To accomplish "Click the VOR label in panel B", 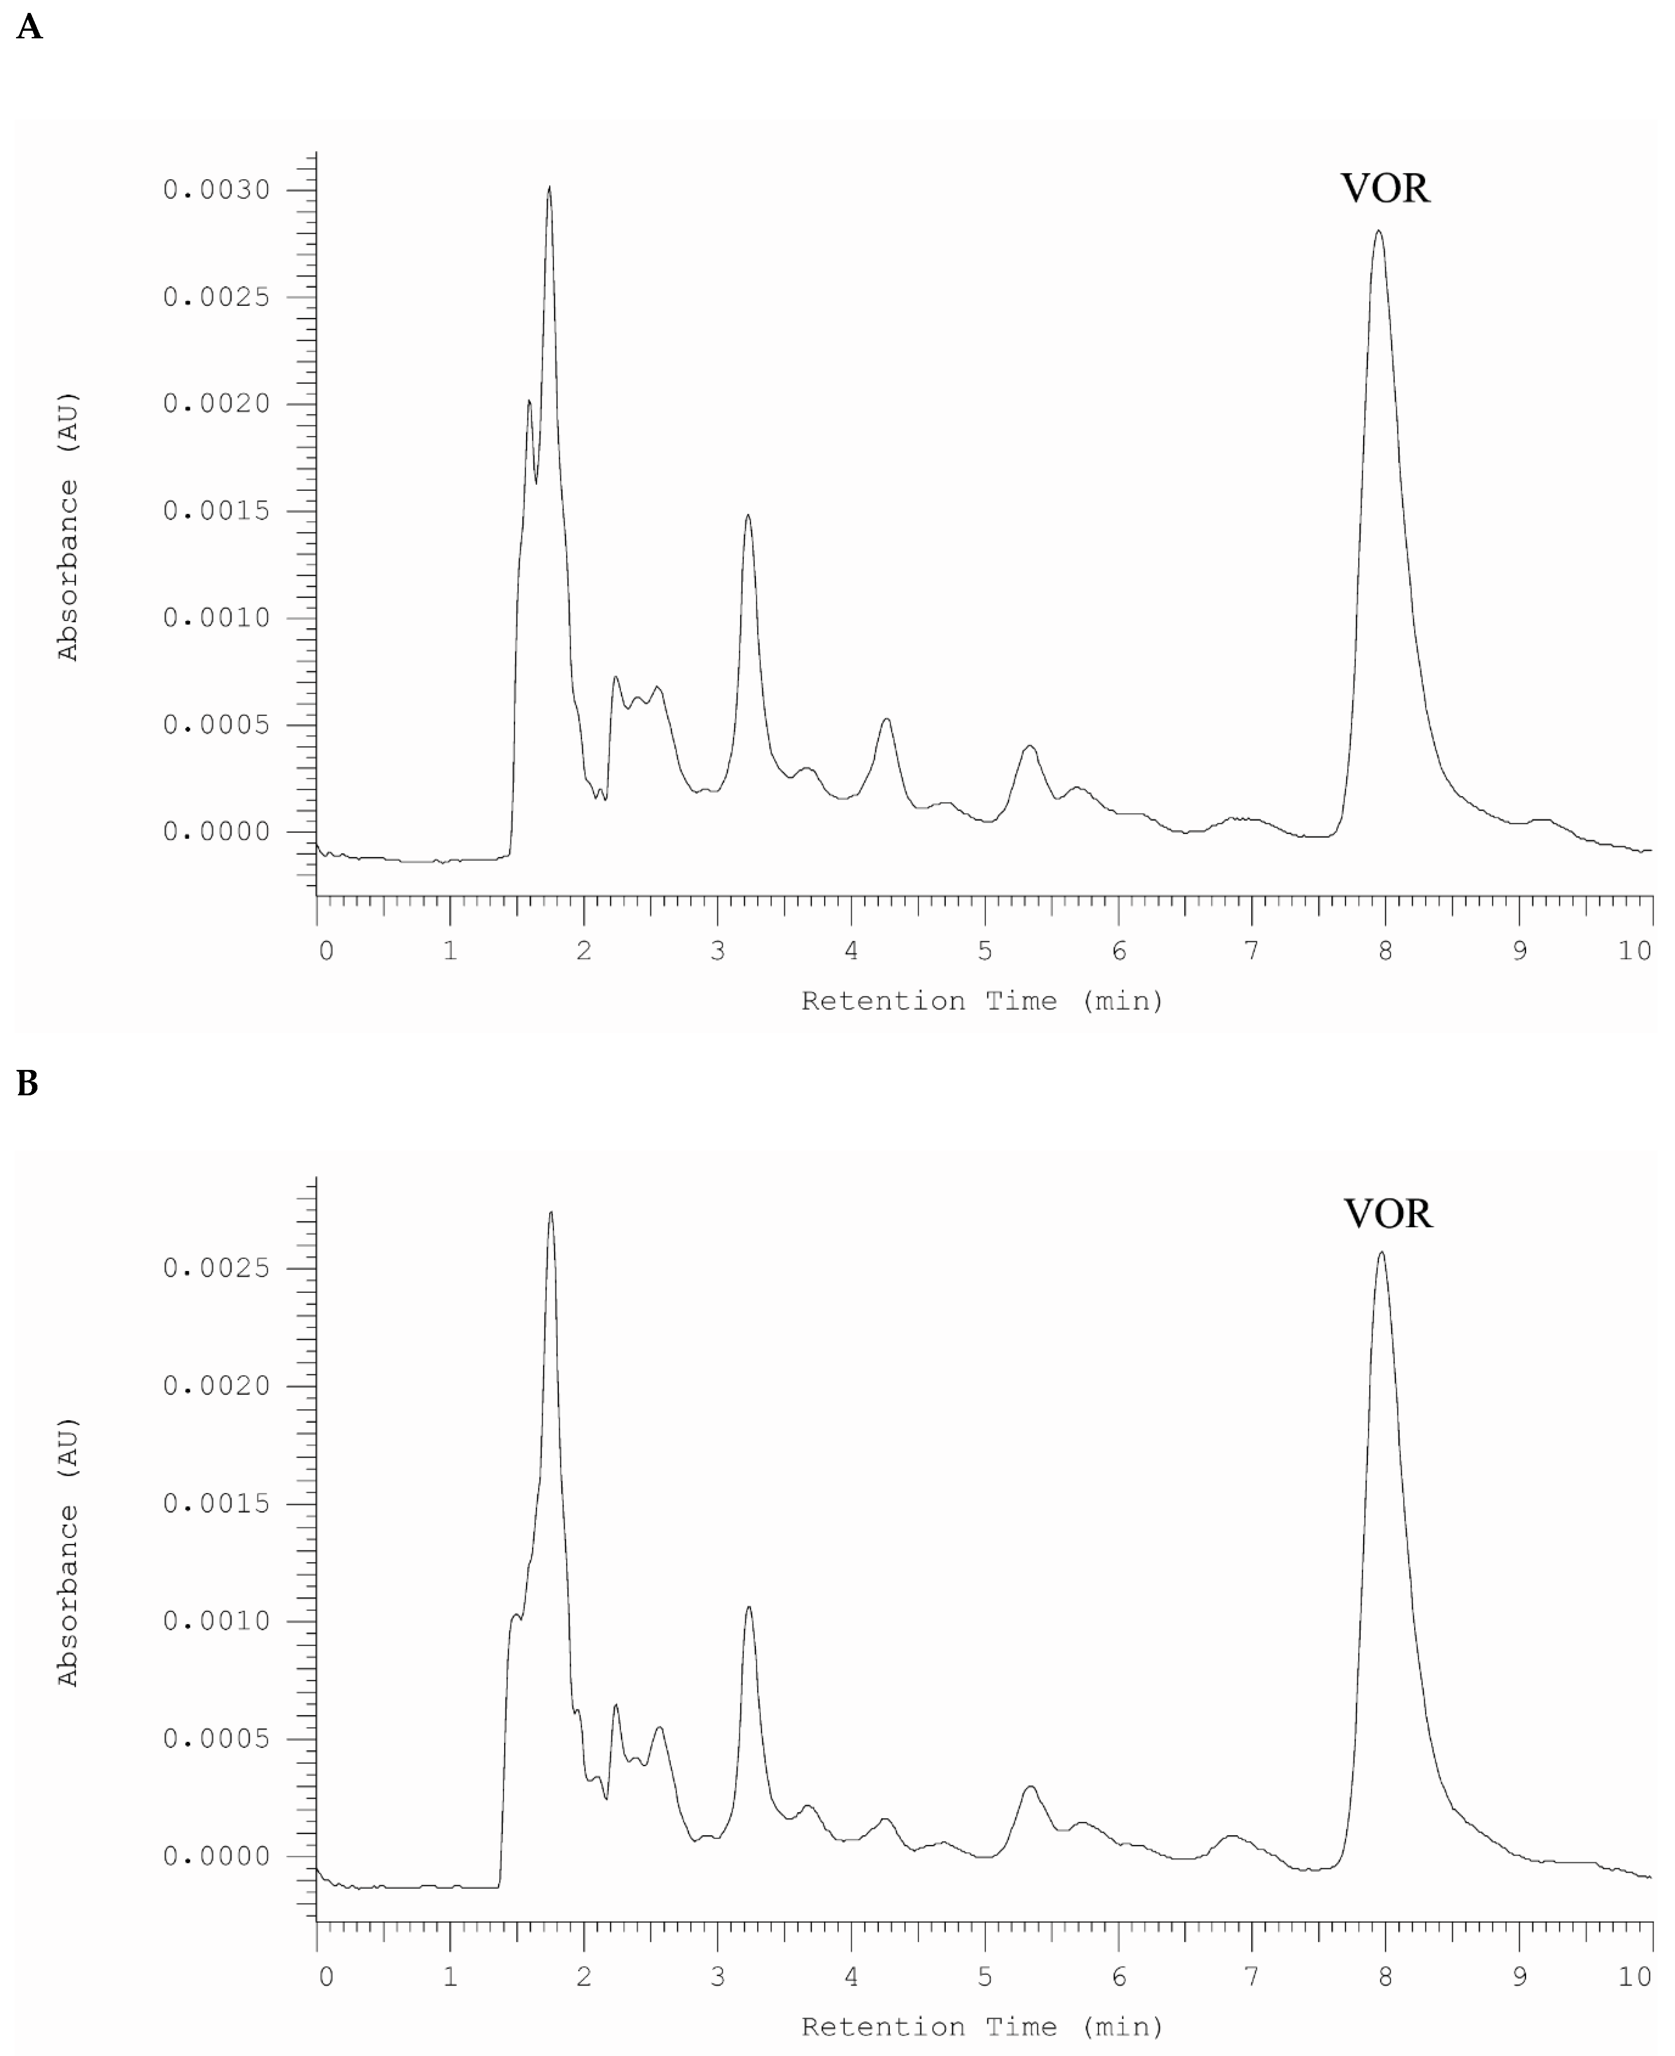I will click(1388, 1214).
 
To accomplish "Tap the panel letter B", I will click(28, 1085).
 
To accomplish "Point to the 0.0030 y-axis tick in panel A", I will click(216, 190).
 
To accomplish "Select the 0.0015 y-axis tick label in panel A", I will click(216, 511).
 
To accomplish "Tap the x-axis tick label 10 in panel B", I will click(1634, 1977).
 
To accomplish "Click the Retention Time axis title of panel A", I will click(982, 1001).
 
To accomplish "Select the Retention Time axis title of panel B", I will click(982, 2027).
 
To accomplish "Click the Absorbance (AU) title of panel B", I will click(68, 1552).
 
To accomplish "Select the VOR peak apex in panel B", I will click(1382, 1252).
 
